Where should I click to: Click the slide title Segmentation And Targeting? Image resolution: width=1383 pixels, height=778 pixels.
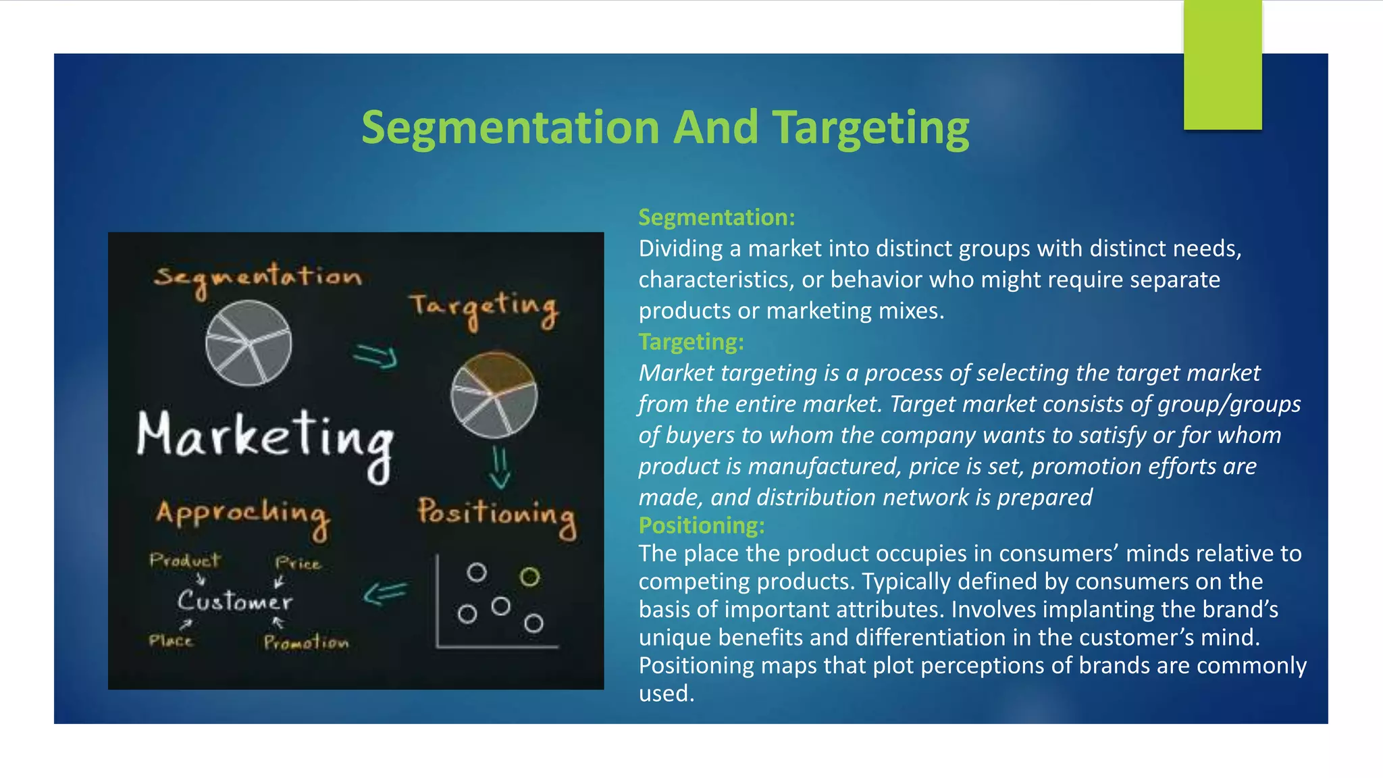(x=665, y=128)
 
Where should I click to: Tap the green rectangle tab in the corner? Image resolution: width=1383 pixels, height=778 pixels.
(x=1222, y=65)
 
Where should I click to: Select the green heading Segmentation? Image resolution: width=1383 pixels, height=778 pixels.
(x=716, y=217)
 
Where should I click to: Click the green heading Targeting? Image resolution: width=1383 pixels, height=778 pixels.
(x=691, y=342)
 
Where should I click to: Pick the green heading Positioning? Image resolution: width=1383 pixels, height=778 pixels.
(x=702, y=525)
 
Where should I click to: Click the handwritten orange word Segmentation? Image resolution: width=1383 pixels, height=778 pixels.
(x=257, y=278)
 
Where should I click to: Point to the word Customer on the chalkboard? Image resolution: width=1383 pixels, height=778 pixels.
(x=235, y=600)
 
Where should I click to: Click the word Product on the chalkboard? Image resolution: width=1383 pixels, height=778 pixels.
(x=185, y=560)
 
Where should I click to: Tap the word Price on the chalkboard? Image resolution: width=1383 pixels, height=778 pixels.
(x=298, y=563)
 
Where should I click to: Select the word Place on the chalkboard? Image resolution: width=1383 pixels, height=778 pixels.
(x=171, y=640)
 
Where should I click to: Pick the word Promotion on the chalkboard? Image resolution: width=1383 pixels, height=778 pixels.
(x=307, y=642)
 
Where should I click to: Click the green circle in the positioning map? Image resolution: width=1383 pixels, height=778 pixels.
(x=530, y=577)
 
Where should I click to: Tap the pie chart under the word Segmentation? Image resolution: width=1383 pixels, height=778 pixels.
(x=249, y=343)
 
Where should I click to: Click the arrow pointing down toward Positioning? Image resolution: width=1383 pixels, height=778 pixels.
(x=500, y=467)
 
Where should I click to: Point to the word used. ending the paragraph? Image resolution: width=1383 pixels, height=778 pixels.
(x=667, y=694)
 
